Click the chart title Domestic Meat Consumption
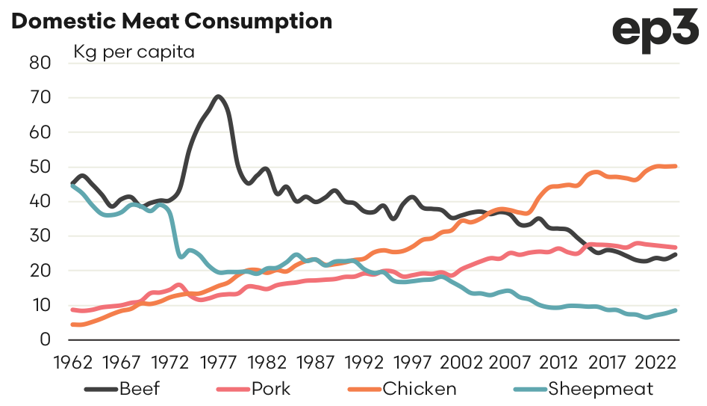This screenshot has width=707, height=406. [x=172, y=21]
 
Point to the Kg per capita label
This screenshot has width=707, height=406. [x=133, y=53]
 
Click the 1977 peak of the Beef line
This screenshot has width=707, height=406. [x=217, y=96]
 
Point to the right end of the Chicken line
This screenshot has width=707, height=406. [x=675, y=166]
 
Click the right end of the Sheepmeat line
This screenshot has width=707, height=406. [x=675, y=310]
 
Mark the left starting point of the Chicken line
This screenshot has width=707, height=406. [x=72, y=325]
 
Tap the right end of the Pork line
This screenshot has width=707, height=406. [x=675, y=247]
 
